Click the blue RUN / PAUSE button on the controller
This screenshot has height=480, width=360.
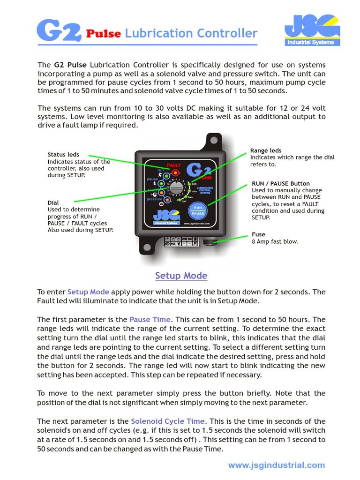(x=198, y=210)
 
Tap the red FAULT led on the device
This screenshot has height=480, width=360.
(x=175, y=173)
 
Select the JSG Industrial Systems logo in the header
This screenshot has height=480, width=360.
(x=312, y=30)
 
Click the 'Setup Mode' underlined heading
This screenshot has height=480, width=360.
(x=181, y=276)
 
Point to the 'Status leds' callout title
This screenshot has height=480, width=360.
(x=63, y=155)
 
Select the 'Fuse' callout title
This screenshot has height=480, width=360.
(x=258, y=234)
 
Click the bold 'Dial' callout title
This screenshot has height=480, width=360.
(x=53, y=202)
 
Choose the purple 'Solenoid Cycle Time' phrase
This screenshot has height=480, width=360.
(x=167, y=421)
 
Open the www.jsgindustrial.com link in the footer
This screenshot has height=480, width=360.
(x=276, y=465)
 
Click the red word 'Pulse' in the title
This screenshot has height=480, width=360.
(x=104, y=34)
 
